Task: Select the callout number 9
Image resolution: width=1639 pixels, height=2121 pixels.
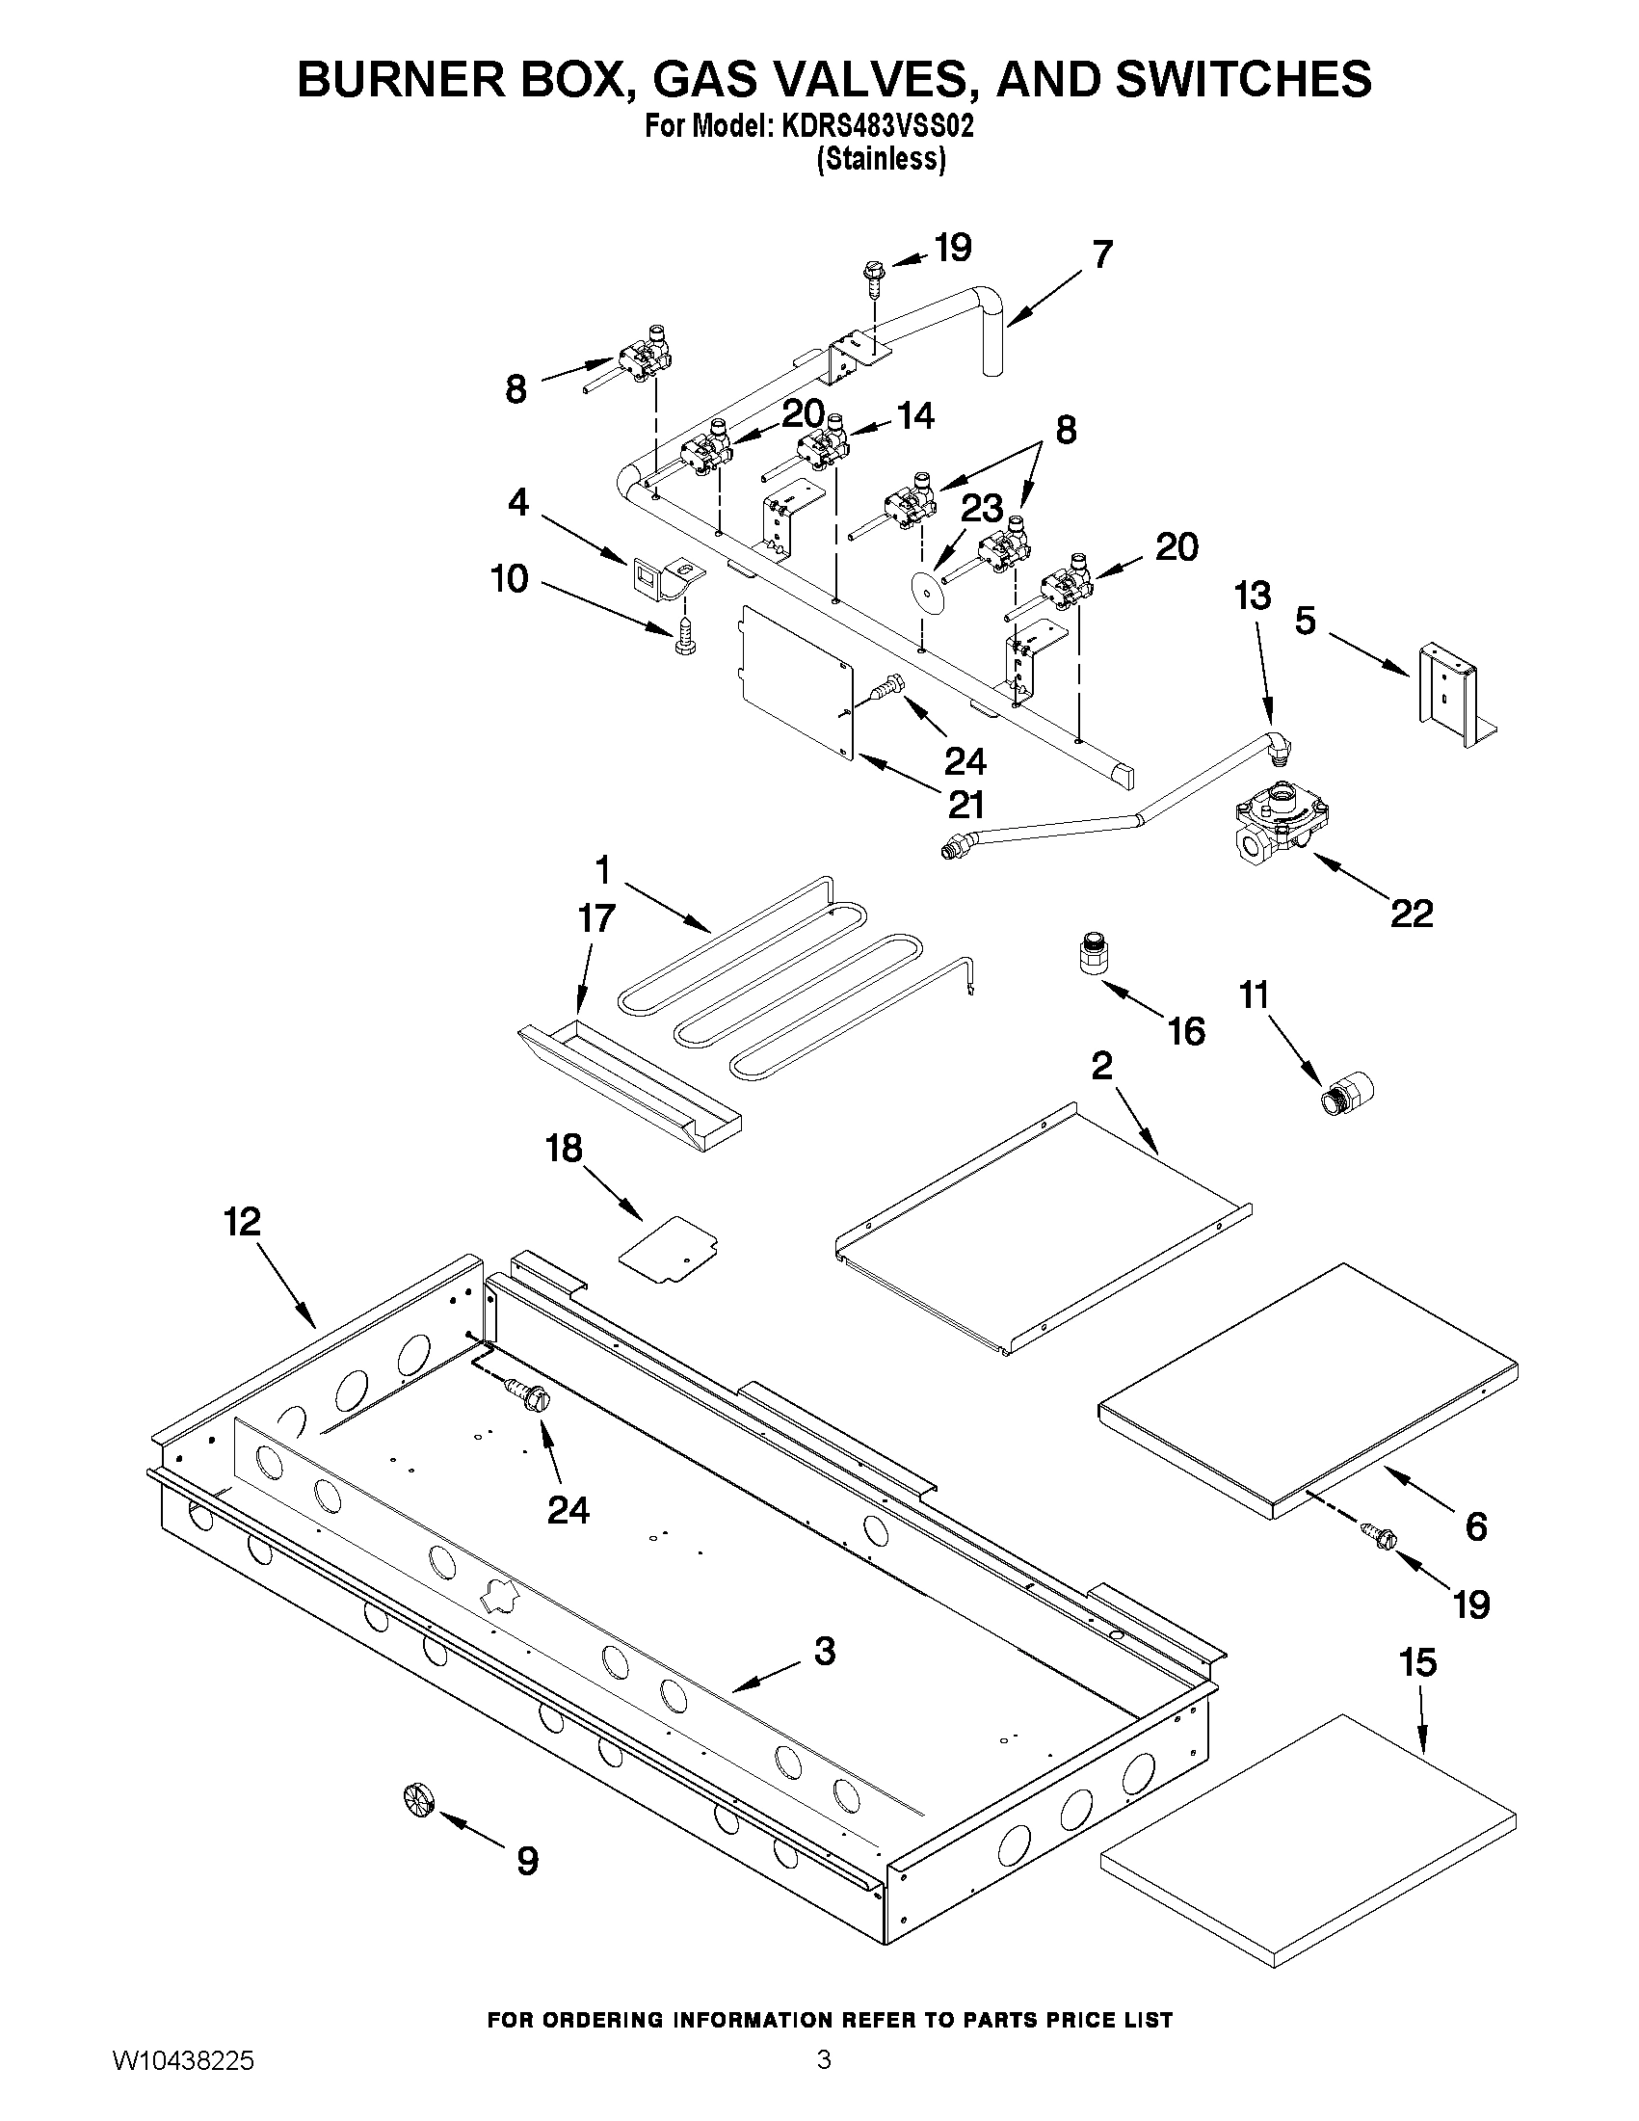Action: (527, 1861)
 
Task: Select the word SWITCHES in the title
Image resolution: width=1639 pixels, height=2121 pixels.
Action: (1244, 79)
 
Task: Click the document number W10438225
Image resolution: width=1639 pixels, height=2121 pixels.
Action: (183, 2081)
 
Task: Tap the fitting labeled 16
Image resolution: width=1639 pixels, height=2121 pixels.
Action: (1095, 954)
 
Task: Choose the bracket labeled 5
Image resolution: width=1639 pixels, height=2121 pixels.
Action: (1453, 695)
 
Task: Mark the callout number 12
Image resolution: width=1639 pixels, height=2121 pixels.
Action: (243, 1222)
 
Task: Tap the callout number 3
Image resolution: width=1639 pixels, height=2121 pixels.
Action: (824, 1650)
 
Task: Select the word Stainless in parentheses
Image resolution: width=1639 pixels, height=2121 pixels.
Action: (881, 159)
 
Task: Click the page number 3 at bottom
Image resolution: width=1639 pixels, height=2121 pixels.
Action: (824, 2081)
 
